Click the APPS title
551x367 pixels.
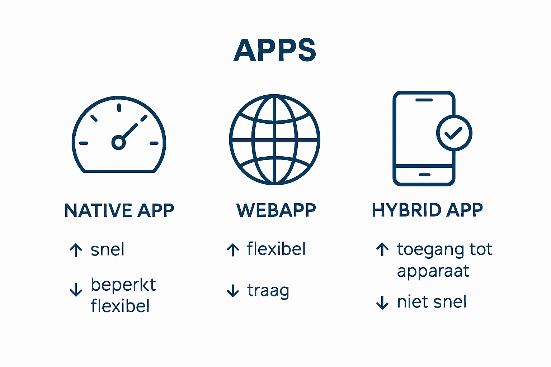tap(275, 50)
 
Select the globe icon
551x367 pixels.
tap(274, 139)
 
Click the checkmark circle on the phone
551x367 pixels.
tap(454, 133)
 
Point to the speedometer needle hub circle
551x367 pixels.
tap(118, 142)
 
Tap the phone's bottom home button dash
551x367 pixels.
tap(424, 175)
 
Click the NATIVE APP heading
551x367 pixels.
tap(119, 210)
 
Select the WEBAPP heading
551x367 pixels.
tap(276, 210)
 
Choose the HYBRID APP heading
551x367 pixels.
tap(427, 210)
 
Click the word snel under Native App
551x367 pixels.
tap(107, 249)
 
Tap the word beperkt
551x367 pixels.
tap(123, 285)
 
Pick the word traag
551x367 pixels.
tap(268, 291)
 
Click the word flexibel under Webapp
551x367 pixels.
tap(276, 249)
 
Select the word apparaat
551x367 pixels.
tap(433, 271)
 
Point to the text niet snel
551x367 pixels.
tap(432, 302)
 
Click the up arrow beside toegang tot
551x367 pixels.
tap(382, 249)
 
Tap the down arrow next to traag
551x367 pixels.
tap(233, 291)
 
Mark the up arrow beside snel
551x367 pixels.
tap(76, 250)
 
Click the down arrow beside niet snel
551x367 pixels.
tap(382, 302)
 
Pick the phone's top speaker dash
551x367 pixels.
tap(424, 100)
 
